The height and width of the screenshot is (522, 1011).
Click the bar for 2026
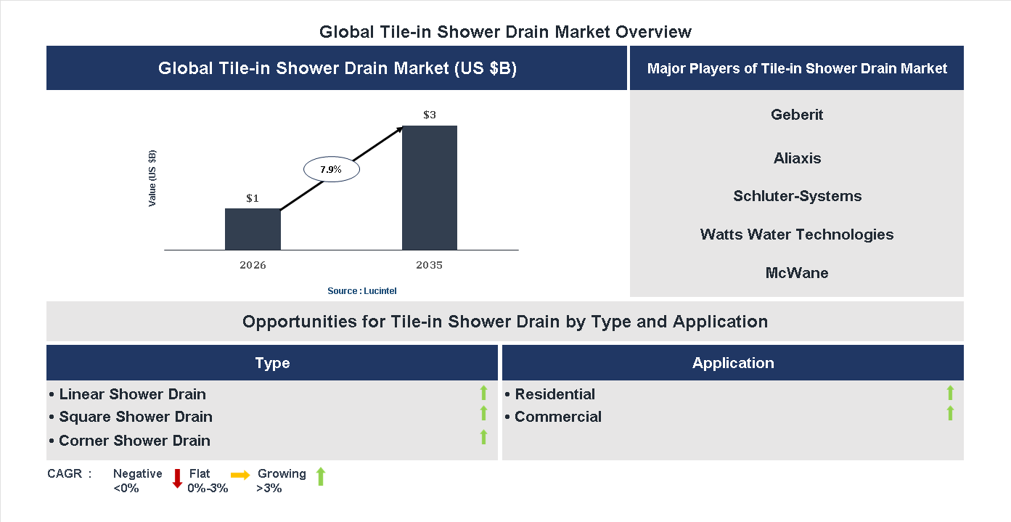pos(253,229)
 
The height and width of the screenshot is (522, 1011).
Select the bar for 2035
pos(430,188)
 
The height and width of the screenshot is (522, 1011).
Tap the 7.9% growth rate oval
pos(331,169)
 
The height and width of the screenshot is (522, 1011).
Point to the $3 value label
pos(430,115)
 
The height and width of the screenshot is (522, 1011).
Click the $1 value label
pos(253,197)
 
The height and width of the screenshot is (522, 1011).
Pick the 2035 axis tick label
pos(430,265)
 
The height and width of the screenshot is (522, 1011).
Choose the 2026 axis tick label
pos(253,265)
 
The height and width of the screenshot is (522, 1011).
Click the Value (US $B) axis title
pos(152,178)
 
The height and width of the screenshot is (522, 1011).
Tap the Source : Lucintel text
pos(362,291)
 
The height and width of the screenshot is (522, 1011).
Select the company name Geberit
pos(797,115)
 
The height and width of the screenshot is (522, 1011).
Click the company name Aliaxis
pos(797,158)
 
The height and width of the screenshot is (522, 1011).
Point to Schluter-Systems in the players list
pos(797,196)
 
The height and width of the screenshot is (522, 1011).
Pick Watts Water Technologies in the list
pos(797,235)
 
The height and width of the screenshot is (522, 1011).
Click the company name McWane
pos(797,273)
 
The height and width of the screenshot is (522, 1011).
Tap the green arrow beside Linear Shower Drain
pos(483,393)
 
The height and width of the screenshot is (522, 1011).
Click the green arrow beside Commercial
pos(950,414)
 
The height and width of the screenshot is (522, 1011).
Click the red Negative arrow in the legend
pos(176,478)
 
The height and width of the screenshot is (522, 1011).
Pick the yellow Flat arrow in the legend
pos(240,475)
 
